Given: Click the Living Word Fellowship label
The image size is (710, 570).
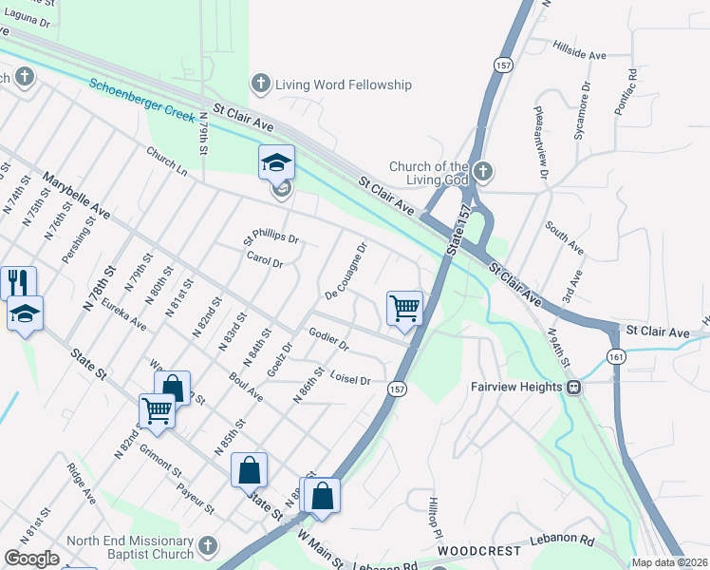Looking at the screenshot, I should [343, 85].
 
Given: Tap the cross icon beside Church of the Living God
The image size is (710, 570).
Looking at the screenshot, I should [483, 172].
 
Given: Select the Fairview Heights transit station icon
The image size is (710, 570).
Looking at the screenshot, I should [573, 387].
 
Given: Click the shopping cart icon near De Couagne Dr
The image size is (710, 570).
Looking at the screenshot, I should [404, 308].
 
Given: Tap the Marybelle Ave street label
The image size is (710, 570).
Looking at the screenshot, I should [77, 196].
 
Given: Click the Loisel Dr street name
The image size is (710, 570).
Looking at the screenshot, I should [349, 378].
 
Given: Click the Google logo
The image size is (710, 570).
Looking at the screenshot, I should [31, 559].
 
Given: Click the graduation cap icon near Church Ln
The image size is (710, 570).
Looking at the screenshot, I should [276, 163].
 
